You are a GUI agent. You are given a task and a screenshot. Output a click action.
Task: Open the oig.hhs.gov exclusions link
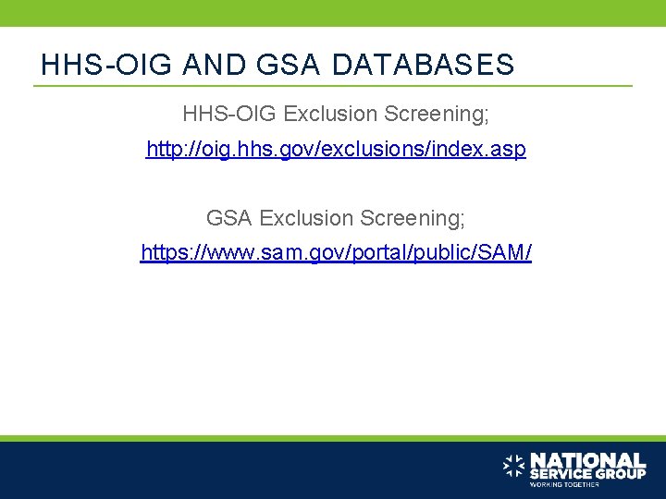[x=336, y=150]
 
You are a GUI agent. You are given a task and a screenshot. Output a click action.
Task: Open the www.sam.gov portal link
[x=336, y=252]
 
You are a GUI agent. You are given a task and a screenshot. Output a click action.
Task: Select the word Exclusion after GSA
[x=306, y=218]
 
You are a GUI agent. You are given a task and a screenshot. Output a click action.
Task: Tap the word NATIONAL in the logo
[x=587, y=459]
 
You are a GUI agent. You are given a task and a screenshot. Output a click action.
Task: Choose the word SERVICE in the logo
[x=559, y=473]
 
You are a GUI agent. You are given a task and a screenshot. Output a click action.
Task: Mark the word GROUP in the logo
[x=619, y=473]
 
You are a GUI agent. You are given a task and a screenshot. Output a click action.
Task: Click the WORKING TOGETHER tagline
[x=563, y=484]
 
